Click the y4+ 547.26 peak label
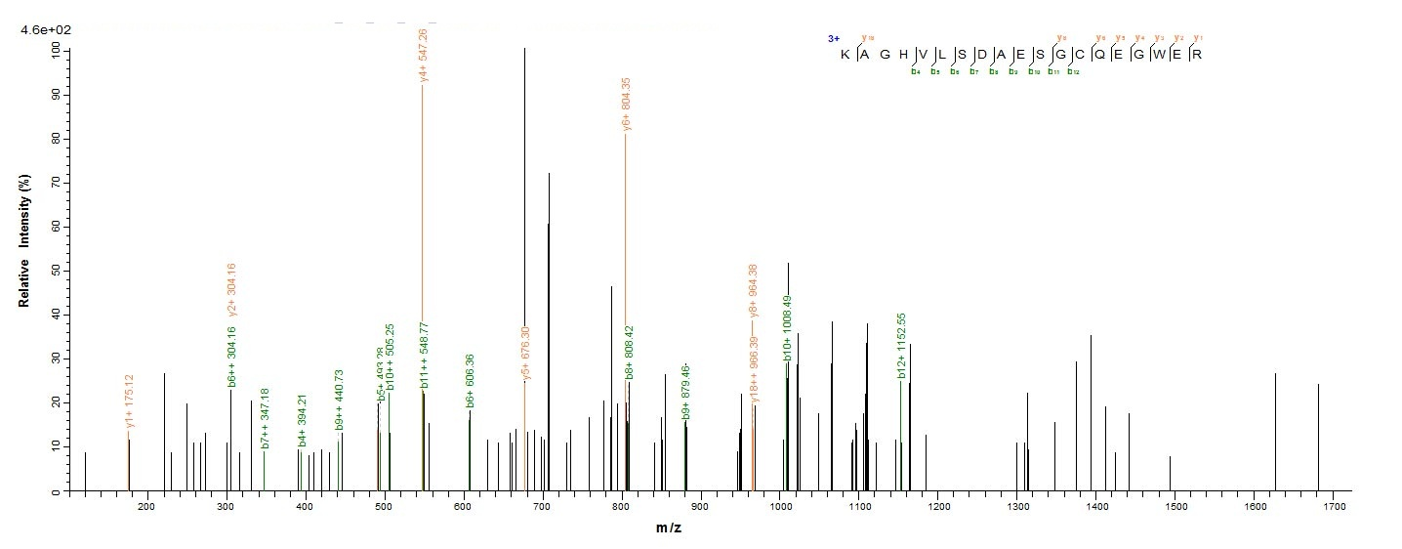[422, 56]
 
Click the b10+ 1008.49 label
[787, 328]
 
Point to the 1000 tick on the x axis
[779, 507]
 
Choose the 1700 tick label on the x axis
[1334, 507]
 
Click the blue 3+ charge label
[833, 39]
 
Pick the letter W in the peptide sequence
[1159, 54]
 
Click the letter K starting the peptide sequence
[845, 54]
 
